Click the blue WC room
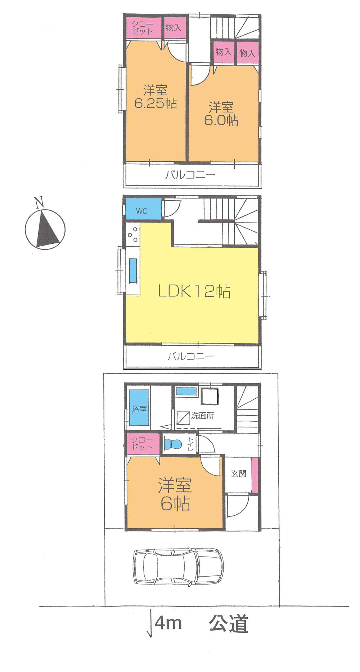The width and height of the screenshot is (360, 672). click(x=142, y=211)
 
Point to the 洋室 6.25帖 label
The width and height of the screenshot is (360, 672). click(x=156, y=96)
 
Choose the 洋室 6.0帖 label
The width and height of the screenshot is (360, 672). click(x=221, y=113)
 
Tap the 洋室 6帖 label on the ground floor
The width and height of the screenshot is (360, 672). click(x=175, y=495)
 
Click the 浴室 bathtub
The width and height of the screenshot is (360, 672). click(x=139, y=409)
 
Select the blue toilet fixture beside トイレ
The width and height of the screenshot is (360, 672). click(x=171, y=444)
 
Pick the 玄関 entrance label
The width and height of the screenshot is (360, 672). click(x=238, y=473)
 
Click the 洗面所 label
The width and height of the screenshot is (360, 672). click(x=203, y=416)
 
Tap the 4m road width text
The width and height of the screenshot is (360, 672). click(x=168, y=623)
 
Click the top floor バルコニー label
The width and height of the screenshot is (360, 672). click(x=190, y=175)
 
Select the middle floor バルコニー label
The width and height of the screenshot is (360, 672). click(x=191, y=357)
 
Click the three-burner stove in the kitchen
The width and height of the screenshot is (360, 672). click(x=132, y=234)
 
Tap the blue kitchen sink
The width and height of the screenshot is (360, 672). click(x=133, y=271)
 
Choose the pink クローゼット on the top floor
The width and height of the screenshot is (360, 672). click(x=143, y=27)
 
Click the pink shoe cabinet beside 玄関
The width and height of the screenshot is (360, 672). click(x=255, y=474)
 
